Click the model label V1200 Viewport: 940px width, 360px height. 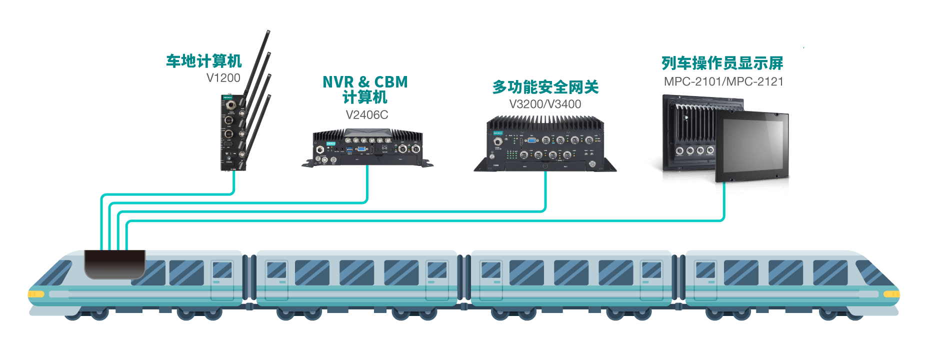[223, 78]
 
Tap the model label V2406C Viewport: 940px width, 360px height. [366, 115]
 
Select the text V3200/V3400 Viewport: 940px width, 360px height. [545, 104]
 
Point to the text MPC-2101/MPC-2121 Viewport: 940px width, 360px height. [723, 82]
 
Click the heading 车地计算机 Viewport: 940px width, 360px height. [204, 61]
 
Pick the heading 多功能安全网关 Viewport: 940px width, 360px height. [545, 87]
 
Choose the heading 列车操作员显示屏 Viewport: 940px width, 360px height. [722, 63]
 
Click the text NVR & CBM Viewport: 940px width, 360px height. [365, 82]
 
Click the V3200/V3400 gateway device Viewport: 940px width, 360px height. [545, 145]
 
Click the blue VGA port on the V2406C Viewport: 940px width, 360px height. [360, 148]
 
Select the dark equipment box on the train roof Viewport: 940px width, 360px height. [114, 264]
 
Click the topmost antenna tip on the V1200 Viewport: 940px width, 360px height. [268, 32]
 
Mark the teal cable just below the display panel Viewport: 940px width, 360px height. [724, 200]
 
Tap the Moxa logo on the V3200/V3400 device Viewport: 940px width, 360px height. [497, 133]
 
